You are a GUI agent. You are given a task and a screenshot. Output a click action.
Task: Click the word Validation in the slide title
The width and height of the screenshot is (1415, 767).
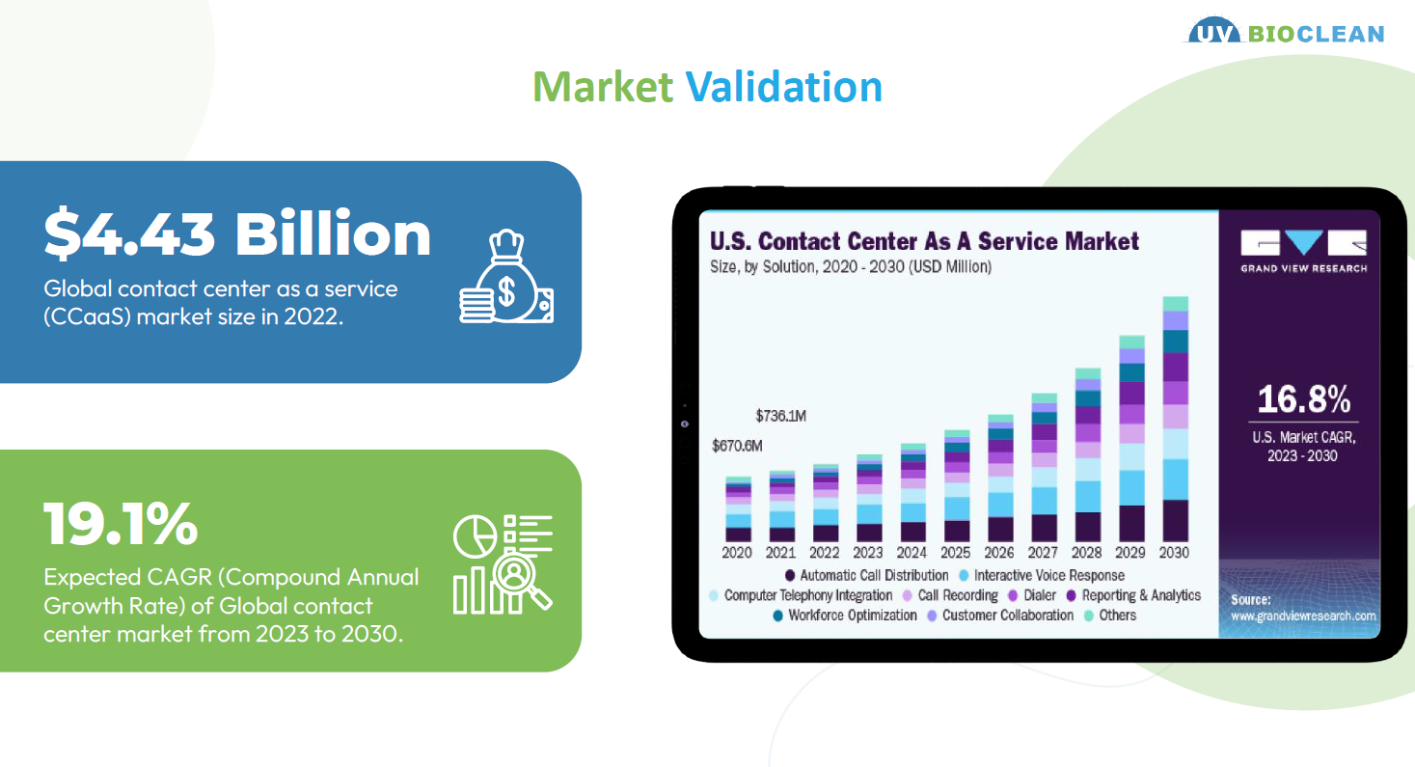pos(784,87)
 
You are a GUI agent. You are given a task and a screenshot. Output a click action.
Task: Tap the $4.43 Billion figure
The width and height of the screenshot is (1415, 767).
pos(237,233)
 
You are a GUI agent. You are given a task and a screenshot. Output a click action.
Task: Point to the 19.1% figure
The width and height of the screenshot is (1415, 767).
pos(121,524)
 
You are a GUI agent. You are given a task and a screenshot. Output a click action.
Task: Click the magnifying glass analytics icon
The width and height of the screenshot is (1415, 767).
pos(503,563)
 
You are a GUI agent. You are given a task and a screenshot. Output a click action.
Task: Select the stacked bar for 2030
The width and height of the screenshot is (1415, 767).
pos(1175,419)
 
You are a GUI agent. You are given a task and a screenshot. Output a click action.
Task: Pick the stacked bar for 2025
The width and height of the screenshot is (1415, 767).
pos(957,485)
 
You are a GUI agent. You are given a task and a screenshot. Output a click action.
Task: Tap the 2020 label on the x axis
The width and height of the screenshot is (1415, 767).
pos(737,553)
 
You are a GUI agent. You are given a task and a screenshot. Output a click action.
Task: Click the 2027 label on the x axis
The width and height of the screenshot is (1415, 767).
pos(1043,553)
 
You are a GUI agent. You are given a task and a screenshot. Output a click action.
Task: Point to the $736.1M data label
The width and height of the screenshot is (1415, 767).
pos(780,416)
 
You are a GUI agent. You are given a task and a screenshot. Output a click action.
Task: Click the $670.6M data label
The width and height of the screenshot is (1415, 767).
pos(737,446)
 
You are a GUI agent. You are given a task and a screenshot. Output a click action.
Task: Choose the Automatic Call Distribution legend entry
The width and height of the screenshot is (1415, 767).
pos(866,576)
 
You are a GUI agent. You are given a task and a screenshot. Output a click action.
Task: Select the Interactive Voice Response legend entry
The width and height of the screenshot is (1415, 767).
pos(1042,576)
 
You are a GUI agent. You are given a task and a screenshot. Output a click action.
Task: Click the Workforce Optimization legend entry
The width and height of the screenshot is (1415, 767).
pos(845,616)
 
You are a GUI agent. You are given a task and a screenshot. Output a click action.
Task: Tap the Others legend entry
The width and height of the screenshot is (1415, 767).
pos(1110,616)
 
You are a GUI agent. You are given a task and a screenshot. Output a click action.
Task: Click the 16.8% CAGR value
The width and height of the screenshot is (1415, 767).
pos(1304,399)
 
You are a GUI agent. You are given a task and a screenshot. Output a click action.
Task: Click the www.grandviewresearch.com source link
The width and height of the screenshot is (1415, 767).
pos(1303,616)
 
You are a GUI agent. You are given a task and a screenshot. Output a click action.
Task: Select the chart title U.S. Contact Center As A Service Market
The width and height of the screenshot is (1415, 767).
pos(924,241)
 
